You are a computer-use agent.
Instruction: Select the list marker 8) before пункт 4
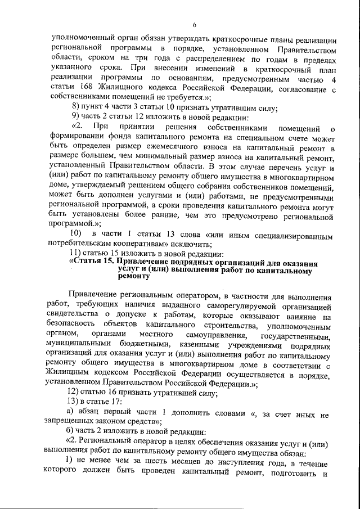pos(78,108)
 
